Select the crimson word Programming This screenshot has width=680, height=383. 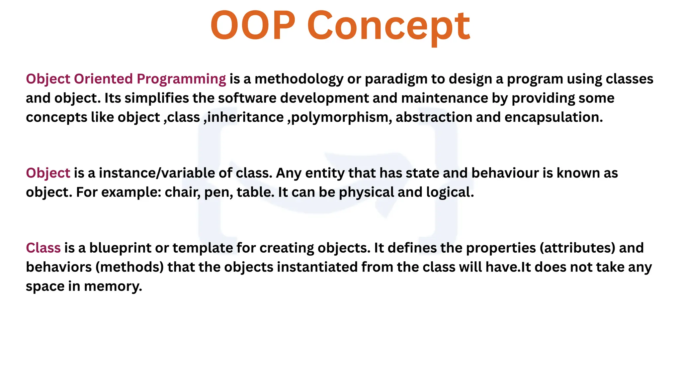pyautogui.click(x=181, y=79)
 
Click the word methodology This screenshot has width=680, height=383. pyautogui.click(x=299, y=79)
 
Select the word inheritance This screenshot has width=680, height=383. pyautogui.click(x=245, y=117)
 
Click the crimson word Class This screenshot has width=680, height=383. pyautogui.click(x=43, y=248)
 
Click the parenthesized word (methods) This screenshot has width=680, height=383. pyautogui.click(x=129, y=267)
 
